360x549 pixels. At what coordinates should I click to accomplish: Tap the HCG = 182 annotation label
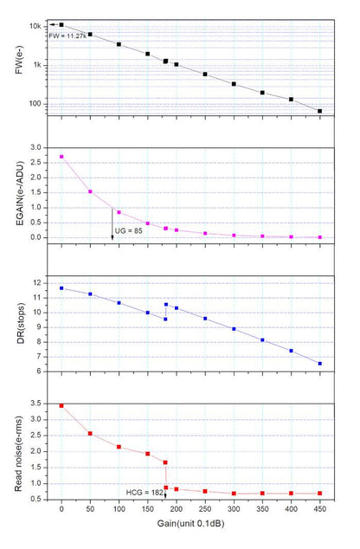(145, 491)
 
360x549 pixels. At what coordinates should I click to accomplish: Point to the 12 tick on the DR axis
(36, 283)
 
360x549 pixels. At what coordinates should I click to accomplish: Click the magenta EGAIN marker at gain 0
(61, 157)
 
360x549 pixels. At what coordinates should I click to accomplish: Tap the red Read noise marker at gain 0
(61, 405)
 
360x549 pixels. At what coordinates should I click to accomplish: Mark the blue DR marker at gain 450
(320, 364)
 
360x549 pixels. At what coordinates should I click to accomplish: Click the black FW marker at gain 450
(320, 111)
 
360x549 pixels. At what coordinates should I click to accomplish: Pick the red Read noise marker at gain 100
(119, 447)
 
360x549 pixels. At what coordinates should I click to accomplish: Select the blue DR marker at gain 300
(234, 329)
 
